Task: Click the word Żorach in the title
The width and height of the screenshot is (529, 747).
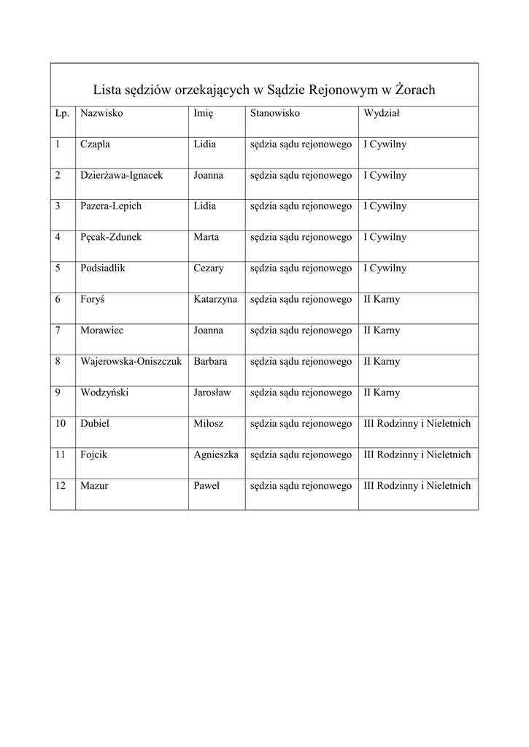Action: coord(414,90)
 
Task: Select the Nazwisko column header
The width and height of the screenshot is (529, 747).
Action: coord(101,114)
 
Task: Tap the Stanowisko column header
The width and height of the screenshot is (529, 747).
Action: coord(275,114)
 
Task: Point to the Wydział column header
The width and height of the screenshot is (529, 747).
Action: coord(381,114)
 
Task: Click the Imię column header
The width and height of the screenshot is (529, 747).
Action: coord(203,114)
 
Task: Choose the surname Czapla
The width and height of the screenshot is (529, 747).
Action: coord(95,144)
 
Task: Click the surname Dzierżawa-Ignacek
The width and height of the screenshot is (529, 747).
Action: coord(121,176)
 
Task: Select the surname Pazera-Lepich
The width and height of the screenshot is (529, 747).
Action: coord(111,206)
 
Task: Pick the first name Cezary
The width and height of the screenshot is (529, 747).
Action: coord(209,268)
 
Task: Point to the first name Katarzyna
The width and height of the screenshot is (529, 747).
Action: coord(215,299)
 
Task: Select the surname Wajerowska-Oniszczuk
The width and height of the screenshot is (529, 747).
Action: coord(131,361)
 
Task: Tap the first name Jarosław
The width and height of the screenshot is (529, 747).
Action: coord(212,392)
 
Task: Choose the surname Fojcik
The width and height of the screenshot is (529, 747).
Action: coord(94,454)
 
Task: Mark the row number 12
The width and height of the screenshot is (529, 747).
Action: coord(60,485)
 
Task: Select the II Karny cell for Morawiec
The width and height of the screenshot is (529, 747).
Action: coord(382,330)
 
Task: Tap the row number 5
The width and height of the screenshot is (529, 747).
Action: coord(58,268)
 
